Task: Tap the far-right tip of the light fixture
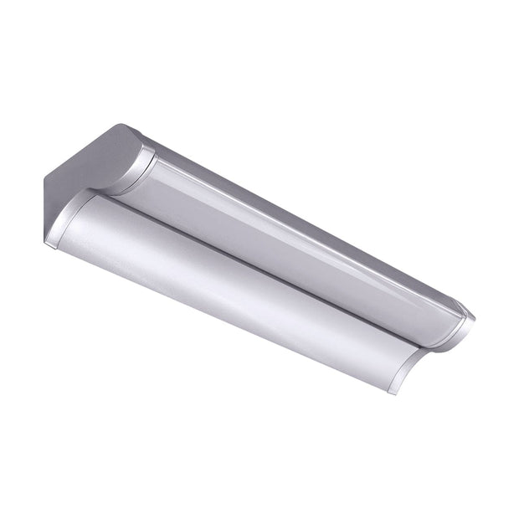click(x=476, y=318)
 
